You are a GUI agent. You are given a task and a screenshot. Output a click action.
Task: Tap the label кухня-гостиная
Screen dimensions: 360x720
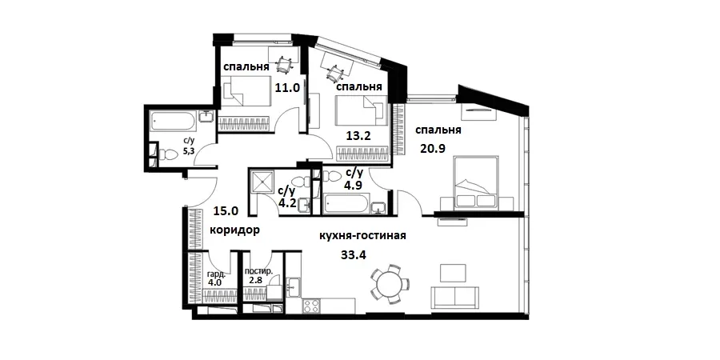click(x=363, y=236)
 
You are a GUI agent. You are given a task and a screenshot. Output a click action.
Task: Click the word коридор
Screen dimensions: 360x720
click(x=234, y=230)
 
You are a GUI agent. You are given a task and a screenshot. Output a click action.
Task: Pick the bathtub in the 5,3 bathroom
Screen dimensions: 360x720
click(x=174, y=122)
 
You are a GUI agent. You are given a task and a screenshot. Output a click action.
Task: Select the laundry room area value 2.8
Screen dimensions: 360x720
click(x=255, y=281)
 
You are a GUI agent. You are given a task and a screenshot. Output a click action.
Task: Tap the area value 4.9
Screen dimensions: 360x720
click(x=353, y=186)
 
